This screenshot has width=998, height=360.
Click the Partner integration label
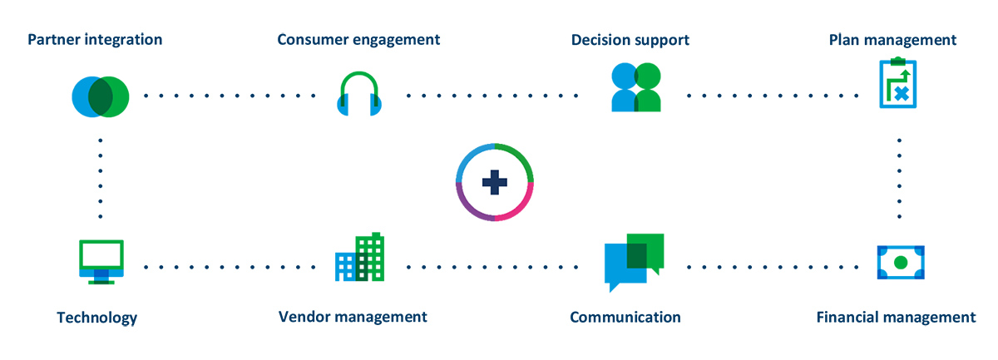94,39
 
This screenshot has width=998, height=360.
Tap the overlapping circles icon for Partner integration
100,96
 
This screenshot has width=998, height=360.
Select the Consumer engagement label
358,39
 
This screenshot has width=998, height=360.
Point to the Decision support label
630,39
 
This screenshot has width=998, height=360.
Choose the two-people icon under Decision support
636,87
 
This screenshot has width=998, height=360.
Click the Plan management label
892,39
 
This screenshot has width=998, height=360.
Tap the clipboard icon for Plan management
898,83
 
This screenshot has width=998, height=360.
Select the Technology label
96,318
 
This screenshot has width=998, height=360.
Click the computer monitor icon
101,261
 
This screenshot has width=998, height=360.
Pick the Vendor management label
353,317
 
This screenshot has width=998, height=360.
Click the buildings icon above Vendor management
359,257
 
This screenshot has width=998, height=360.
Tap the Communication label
625,317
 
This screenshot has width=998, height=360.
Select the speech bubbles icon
634,260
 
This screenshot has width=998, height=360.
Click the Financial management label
896,317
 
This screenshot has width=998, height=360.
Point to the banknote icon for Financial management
900,262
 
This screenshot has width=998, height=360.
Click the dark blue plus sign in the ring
495,182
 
